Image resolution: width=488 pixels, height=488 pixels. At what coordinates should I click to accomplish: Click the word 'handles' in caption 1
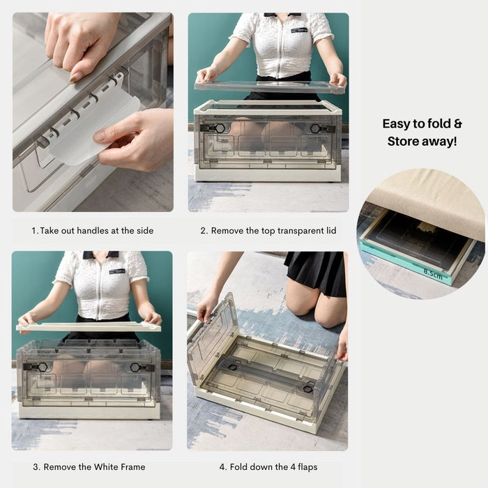(x=93, y=231)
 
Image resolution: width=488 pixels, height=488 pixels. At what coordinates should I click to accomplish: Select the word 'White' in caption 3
(x=105, y=467)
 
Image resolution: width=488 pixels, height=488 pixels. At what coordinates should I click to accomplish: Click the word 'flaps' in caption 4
(x=307, y=467)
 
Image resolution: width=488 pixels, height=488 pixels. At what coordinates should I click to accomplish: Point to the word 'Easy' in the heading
(x=396, y=124)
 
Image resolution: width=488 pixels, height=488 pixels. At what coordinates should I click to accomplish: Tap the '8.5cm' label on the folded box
(x=433, y=274)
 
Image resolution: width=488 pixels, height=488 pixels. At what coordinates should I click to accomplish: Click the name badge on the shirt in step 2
(x=299, y=30)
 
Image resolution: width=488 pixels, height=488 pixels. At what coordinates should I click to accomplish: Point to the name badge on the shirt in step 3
(x=117, y=271)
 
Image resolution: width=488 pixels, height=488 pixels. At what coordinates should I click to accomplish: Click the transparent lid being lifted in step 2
(x=270, y=86)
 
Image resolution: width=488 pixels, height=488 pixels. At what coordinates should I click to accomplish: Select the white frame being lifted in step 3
(x=89, y=327)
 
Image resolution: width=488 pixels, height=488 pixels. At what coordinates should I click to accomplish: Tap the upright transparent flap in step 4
(x=212, y=340)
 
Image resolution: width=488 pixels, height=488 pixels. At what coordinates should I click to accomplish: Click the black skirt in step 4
(x=317, y=273)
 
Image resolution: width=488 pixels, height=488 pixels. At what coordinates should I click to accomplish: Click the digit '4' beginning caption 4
(x=222, y=467)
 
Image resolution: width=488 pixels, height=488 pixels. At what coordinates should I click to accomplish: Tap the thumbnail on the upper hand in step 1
(x=75, y=77)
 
